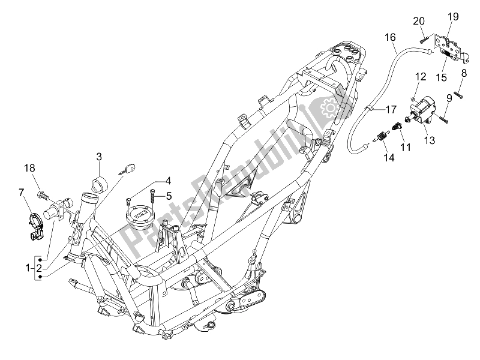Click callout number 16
point(390,37)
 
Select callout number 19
point(453,17)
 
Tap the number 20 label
point(419,21)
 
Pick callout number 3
point(99,157)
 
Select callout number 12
point(420,76)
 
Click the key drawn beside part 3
point(127,170)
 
